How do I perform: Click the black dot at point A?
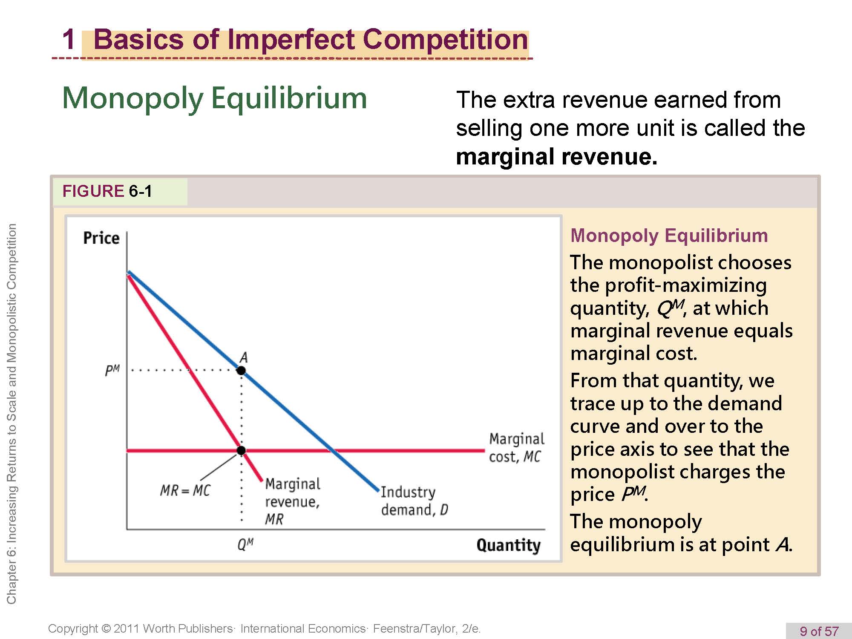pyautogui.click(x=241, y=370)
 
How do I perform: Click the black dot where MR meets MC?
pyautogui.click(x=241, y=450)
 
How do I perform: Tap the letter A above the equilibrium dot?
pyautogui.click(x=243, y=357)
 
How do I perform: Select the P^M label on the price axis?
pyautogui.click(x=112, y=370)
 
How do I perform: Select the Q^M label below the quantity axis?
pyautogui.click(x=246, y=544)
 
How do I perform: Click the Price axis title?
pyautogui.click(x=101, y=238)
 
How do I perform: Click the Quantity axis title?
pyautogui.click(x=509, y=545)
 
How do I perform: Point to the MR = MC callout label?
pyautogui.click(x=185, y=490)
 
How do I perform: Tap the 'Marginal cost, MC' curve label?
pyautogui.click(x=516, y=448)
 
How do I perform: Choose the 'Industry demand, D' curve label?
pyautogui.click(x=414, y=501)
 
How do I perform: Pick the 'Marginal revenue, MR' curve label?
pyautogui.click(x=293, y=501)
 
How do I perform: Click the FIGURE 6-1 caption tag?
pyautogui.click(x=107, y=191)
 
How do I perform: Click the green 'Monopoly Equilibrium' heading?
pyautogui.click(x=215, y=98)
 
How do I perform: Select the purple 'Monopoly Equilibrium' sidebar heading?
pyautogui.click(x=669, y=236)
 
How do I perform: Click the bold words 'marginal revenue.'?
pyautogui.click(x=557, y=157)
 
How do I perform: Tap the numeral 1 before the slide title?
pyautogui.click(x=69, y=39)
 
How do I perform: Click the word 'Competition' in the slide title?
pyautogui.click(x=446, y=40)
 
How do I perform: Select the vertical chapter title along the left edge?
pyautogui.click(x=12, y=414)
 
